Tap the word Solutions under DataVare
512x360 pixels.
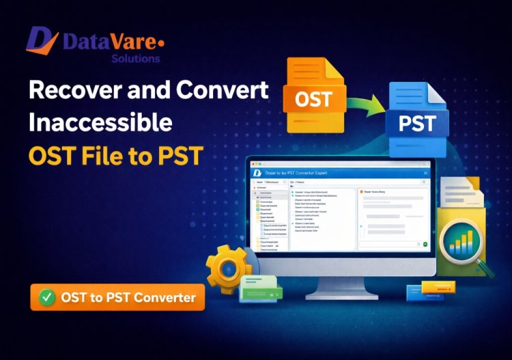point(135,59)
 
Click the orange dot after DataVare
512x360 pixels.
point(161,43)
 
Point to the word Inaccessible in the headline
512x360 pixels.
point(100,124)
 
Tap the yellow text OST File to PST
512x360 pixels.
point(116,156)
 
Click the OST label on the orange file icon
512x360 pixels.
point(314,100)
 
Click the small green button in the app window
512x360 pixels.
point(425,244)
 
